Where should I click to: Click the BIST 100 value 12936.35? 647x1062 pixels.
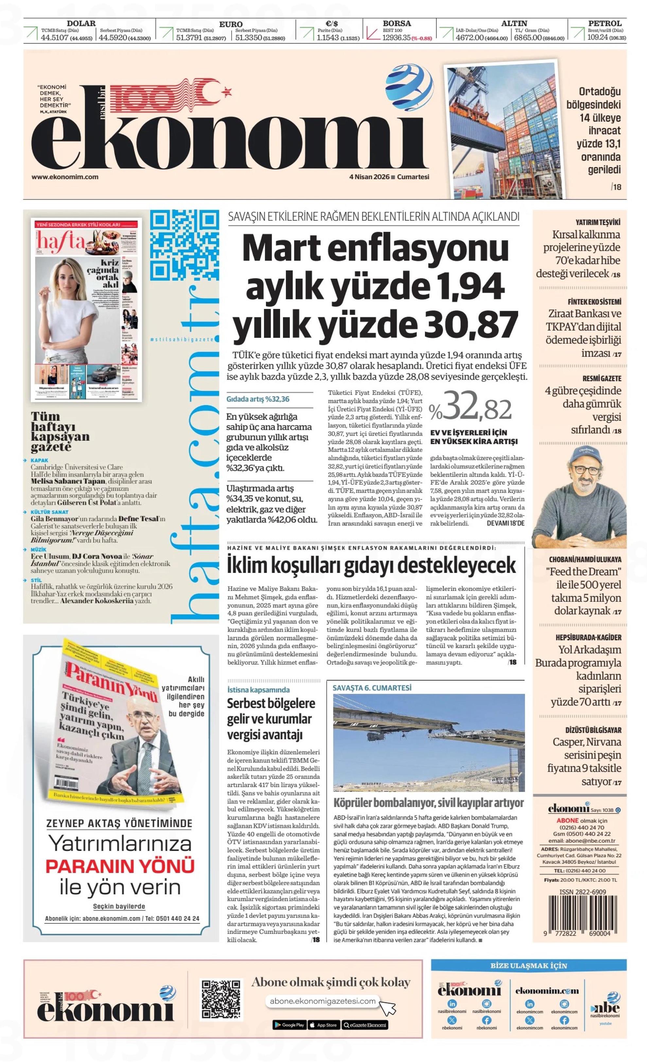click(x=396, y=38)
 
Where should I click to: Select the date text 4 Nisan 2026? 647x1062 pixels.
click(x=369, y=177)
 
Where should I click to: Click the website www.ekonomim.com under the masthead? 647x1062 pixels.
click(x=65, y=177)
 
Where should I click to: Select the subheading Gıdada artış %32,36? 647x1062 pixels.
click(x=258, y=399)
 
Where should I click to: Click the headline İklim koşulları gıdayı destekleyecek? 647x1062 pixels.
click(x=371, y=565)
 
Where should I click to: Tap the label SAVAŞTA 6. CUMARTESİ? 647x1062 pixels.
click(x=372, y=688)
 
